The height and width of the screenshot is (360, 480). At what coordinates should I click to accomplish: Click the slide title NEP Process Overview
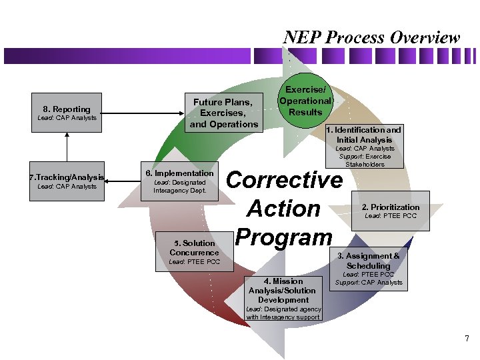coord(371,37)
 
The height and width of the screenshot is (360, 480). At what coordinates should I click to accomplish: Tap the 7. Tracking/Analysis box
coord(67,181)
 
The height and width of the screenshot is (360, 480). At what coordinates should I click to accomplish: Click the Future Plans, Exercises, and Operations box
coord(223,113)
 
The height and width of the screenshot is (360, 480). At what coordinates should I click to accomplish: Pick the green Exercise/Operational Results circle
coord(305,101)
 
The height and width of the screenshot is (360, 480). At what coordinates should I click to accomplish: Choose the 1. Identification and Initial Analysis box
coord(364,146)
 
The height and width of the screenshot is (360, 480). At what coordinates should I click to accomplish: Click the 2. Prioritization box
coord(390,211)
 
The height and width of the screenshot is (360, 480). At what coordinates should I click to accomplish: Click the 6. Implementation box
coord(180,181)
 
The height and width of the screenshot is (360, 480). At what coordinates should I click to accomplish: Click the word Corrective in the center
coord(285,180)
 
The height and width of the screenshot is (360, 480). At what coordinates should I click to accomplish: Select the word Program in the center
coord(284,236)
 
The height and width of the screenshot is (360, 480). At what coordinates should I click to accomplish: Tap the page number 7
coord(467,339)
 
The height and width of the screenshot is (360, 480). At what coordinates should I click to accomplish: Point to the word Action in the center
coord(284,209)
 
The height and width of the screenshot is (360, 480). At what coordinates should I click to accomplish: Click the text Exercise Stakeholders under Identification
coord(365,160)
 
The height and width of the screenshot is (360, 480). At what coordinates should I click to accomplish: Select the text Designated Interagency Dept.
coord(180,187)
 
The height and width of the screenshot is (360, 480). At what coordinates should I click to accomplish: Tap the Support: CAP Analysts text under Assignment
coord(369,283)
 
